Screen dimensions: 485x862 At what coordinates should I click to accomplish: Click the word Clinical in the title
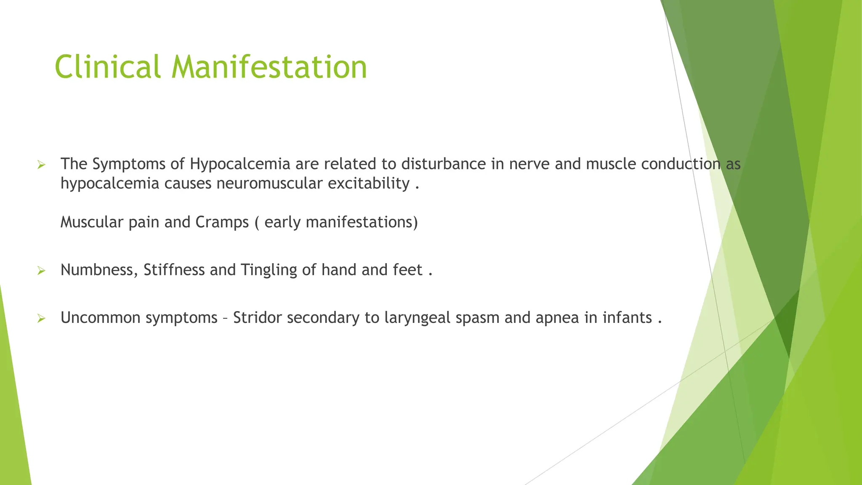pos(107,67)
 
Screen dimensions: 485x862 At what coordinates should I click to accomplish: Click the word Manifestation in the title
pos(269,67)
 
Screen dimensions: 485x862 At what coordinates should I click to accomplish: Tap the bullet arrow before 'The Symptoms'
pos(41,165)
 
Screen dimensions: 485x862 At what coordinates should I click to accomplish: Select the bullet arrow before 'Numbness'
pos(41,271)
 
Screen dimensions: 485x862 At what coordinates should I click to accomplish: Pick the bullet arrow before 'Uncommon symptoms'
pos(41,318)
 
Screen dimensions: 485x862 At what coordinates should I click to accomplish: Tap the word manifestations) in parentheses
pos(362,222)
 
